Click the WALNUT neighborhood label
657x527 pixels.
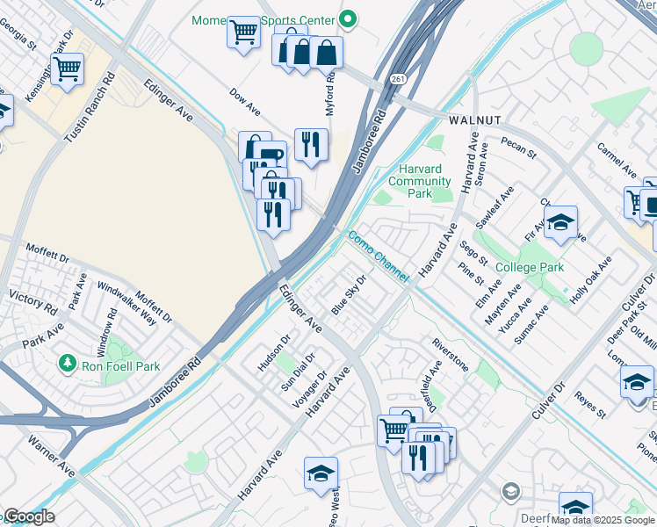point(474,119)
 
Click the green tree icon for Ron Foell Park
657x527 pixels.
point(66,362)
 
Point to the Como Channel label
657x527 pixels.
point(378,256)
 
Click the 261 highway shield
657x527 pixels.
point(398,80)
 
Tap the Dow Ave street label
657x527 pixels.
point(245,102)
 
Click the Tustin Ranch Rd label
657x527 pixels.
point(90,108)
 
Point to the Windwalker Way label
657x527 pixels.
point(126,304)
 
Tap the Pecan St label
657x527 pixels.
point(518,147)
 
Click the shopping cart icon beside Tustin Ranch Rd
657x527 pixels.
point(67,69)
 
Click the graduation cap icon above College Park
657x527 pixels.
point(560,223)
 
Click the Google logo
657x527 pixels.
point(28,517)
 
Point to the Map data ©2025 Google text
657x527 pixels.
point(603,520)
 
